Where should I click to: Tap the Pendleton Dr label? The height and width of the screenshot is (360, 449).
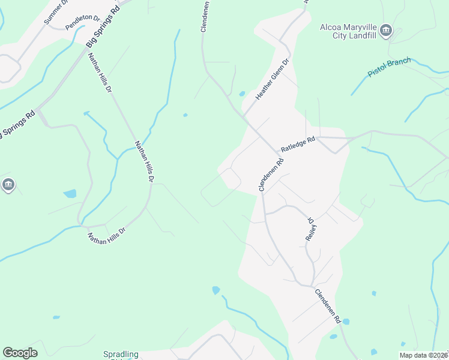point(83,17)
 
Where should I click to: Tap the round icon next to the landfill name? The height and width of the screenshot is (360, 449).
point(387,30)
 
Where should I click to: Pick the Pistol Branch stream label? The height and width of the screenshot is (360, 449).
point(389,67)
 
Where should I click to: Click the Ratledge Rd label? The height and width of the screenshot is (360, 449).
point(298,145)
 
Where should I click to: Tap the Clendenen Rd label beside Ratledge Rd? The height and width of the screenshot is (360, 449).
point(271,175)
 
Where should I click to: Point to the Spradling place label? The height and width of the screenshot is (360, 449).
point(120,354)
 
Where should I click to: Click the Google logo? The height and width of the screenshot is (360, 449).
point(20,353)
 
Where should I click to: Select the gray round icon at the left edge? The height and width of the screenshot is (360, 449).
point(8,185)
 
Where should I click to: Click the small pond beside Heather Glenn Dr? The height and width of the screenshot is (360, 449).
point(242,94)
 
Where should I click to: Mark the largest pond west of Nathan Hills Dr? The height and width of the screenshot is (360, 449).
point(70,194)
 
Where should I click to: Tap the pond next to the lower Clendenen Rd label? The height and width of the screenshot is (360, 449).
point(345,322)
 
